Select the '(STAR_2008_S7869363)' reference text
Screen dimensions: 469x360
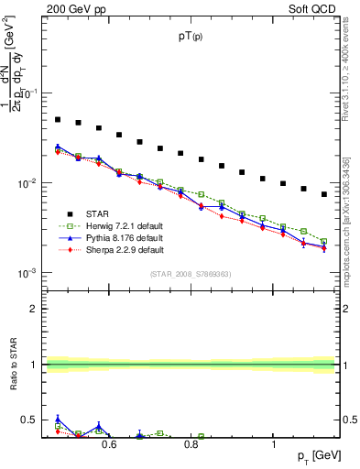tap(191, 274)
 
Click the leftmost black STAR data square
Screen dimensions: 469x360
tap(58, 119)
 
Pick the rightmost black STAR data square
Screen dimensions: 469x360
tap(324, 194)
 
